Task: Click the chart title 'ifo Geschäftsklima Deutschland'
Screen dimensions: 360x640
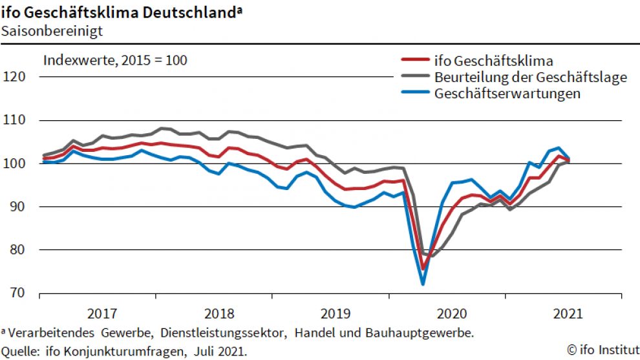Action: (120, 11)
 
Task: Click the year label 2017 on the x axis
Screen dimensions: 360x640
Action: (101, 314)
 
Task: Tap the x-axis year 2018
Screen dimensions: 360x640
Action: (219, 314)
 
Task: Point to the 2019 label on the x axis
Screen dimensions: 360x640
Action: (335, 314)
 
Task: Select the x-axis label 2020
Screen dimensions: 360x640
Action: (452, 314)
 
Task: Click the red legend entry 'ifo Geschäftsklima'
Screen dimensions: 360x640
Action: (494, 61)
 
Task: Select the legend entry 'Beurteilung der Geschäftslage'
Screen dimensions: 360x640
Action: (531, 78)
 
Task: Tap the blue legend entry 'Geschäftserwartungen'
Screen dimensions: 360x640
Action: (507, 93)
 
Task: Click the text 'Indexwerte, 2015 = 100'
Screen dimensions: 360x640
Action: (115, 61)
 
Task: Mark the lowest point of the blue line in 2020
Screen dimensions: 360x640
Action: (423, 284)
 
